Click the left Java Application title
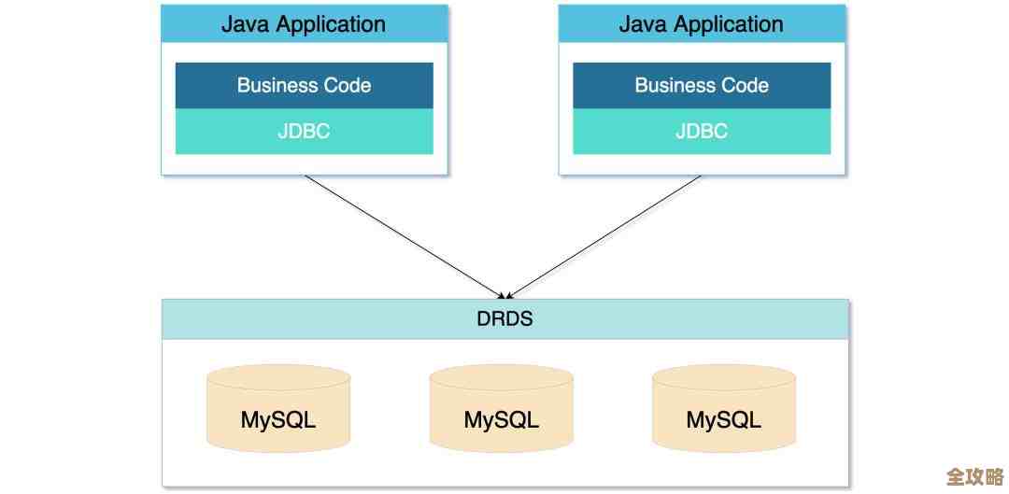(x=304, y=24)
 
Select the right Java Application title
(x=702, y=24)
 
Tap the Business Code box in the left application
(x=304, y=85)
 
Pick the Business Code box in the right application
(x=702, y=85)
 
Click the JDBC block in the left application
(x=304, y=132)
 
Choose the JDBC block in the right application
(x=702, y=132)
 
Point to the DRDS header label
(x=504, y=318)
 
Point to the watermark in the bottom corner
(x=974, y=476)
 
